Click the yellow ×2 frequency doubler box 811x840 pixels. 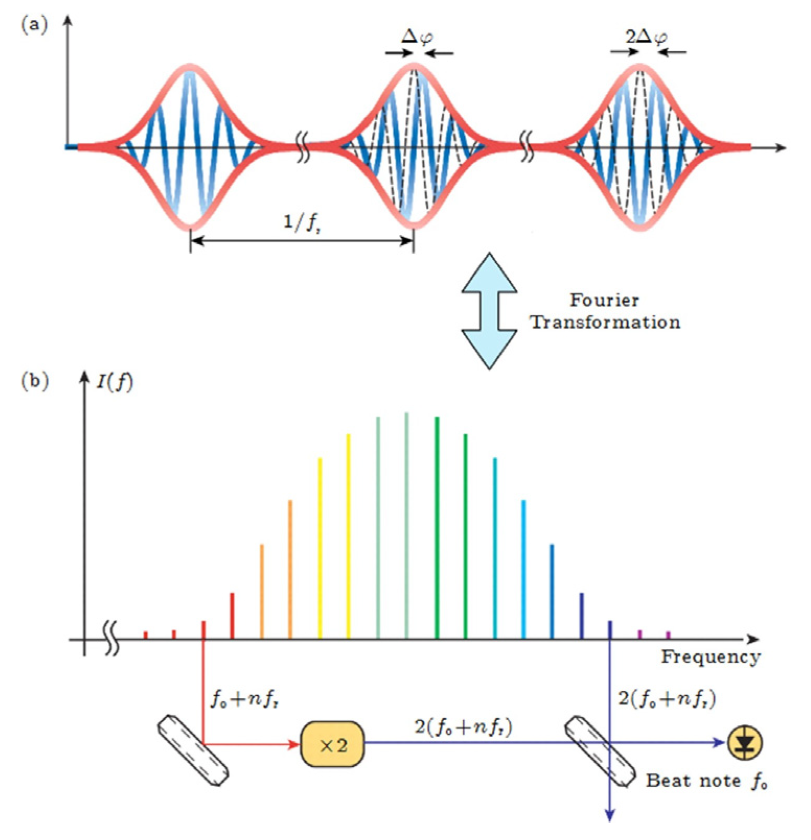tap(332, 744)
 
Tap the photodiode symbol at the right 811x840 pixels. tap(745, 743)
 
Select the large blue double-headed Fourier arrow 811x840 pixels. tap(489, 311)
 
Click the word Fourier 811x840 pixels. tap(604, 300)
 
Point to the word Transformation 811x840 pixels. tap(606, 322)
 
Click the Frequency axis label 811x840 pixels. tap(711, 657)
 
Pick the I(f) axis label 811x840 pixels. tap(115, 382)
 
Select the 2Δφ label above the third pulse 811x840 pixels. tap(646, 37)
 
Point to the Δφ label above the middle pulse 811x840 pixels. tap(417, 37)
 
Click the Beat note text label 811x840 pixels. tap(693, 781)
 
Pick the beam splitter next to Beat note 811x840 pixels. tap(600, 751)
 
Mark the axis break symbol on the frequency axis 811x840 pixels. tap(111, 638)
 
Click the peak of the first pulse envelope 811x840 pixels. tap(190, 66)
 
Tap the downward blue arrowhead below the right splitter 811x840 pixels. tap(609, 815)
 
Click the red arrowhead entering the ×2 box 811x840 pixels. tap(294, 743)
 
